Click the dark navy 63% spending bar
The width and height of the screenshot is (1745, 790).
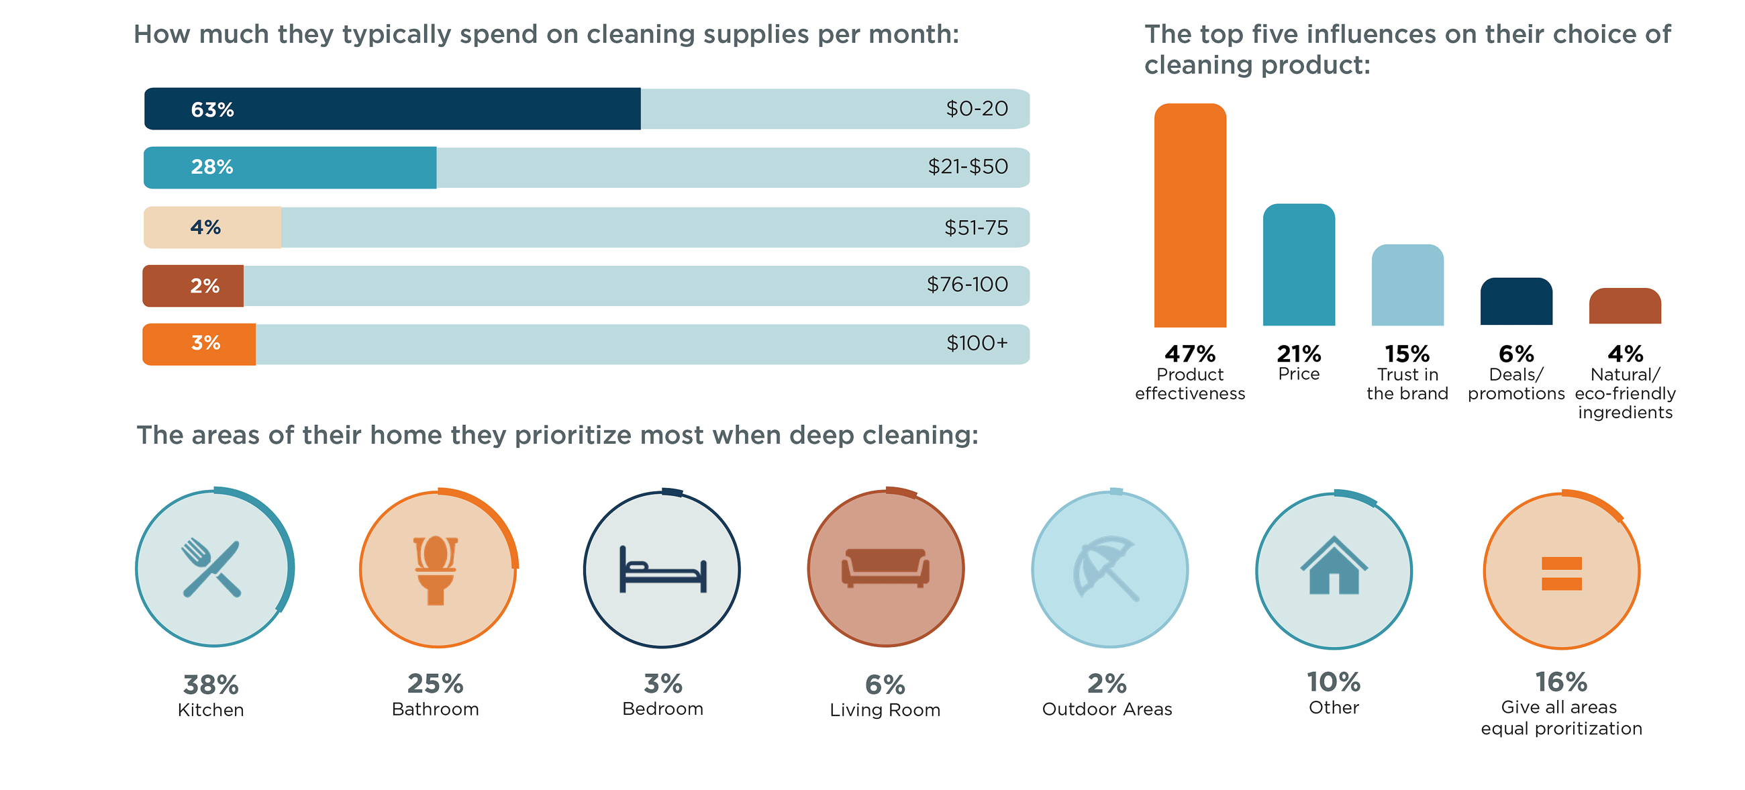pyautogui.click(x=393, y=109)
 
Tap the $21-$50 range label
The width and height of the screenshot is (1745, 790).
pyautogui.click(x=967, y=166)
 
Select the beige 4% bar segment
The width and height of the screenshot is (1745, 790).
pyautogui.click(x=213, y=227)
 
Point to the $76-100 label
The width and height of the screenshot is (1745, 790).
pyautogui.click(x=966, y=285)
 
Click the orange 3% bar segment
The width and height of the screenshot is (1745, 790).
pyautogui.click(x=199, y=344)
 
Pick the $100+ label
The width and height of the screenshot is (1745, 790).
pyautogui.click(x=976, y=344)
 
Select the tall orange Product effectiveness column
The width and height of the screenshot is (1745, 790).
pyautogui.click(x=1189, y=217)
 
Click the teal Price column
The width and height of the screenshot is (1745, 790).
pyautogui.click(x=1299, y=266)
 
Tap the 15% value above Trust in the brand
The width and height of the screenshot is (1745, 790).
pyautogui.click(x=1407, y=354)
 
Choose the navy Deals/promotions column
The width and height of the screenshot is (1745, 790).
pyautogui.click(x=1516, y=302)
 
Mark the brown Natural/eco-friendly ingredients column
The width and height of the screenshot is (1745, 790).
pyautogui.click(x=1624, y=307)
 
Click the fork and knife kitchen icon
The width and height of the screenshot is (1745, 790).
pyautogui.click(x=211, y=568)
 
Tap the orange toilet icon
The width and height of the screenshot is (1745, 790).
pyautogui.click(x=436, y=569)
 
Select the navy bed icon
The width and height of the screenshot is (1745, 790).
pyautogui.click(x=662, y=570)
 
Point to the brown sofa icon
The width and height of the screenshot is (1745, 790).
pyautogui.click(x=885, y=568)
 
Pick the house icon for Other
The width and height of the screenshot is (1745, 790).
pyautogui.click(x=1334, y=566)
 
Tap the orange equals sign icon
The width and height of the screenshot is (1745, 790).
pyautogui.click(x=1561, y=573)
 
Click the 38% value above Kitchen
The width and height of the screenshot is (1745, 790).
pyautogui.click(x=211, y=685)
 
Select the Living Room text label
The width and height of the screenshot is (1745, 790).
pyautogui.click(x=885, y=710)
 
